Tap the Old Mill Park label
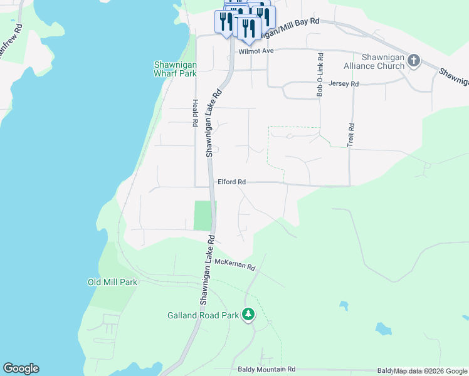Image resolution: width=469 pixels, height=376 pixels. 112,283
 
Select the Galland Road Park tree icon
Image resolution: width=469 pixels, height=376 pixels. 249,313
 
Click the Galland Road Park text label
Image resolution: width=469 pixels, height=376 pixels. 203,315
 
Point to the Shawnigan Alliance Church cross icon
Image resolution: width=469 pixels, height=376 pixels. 413,60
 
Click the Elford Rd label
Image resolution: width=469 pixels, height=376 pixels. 231,182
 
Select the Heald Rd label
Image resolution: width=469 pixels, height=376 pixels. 195,113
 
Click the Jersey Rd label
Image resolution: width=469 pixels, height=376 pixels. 344,83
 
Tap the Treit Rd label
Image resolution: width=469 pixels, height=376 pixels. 351,135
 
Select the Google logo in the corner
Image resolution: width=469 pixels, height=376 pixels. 21,368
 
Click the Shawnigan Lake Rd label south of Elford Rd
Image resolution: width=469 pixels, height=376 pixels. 208,270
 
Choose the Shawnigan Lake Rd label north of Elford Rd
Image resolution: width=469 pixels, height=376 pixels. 214,122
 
